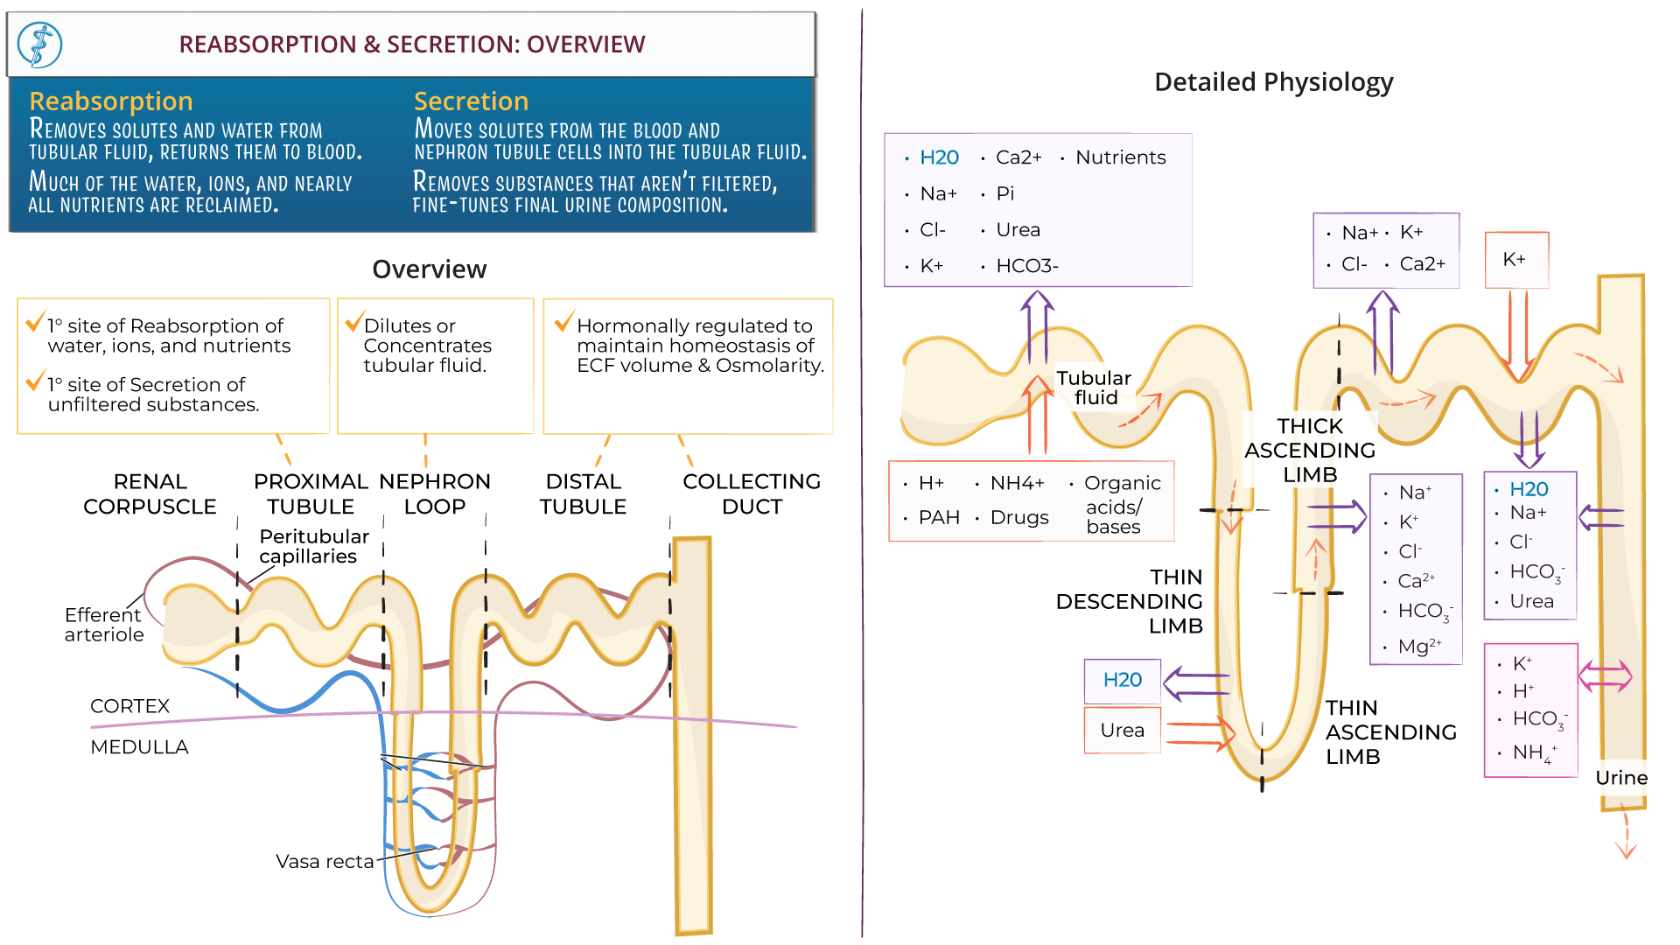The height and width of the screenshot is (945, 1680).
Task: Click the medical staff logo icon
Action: (x=40, y=45)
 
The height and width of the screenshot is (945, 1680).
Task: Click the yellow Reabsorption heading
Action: (x=111, y=101)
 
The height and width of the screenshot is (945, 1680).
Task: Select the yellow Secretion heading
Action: (x=471, y=101)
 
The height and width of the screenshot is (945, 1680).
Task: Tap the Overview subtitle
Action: (x=429, y=269)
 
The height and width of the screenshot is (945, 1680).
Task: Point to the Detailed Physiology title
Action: (x=1273, y=82)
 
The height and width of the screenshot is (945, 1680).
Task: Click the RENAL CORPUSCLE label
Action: (x=150, y=494)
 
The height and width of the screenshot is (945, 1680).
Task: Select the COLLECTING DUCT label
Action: (x=752, y=494)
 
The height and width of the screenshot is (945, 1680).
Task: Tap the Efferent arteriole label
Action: (x=103, y=625)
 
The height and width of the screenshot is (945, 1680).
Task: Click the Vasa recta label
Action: (x=325, y=862)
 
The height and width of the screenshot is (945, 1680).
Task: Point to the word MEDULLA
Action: (x=139, y=747)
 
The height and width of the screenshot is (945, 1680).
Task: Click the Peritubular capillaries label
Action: (x=313, y=546)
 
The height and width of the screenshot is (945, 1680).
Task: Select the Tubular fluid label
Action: (x=1094, y=388)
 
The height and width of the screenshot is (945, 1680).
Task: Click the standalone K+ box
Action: (x=1515, y=260)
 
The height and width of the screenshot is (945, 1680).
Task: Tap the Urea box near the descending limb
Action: (x=1123, y=731)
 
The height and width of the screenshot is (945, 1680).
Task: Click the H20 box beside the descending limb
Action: (x=1123, y=680)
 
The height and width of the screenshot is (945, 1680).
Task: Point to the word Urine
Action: (x=1620, y=778)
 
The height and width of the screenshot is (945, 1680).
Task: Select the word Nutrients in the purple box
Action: (x=1120, y=157)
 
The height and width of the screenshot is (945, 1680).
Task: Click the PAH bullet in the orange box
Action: (x=938, y=518)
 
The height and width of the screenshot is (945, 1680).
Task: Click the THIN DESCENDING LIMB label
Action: (x=1130, y=601)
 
